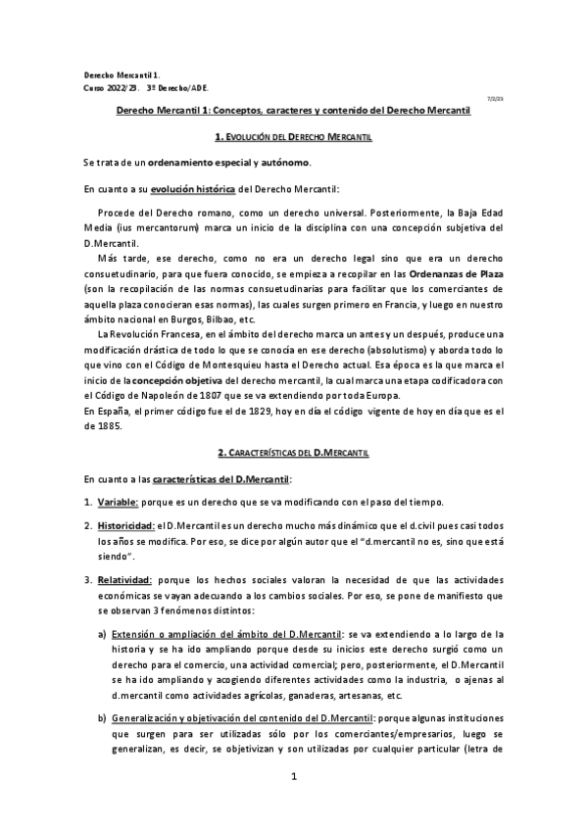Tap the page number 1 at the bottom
coord(293,778)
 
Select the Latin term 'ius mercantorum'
coord(156,227)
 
